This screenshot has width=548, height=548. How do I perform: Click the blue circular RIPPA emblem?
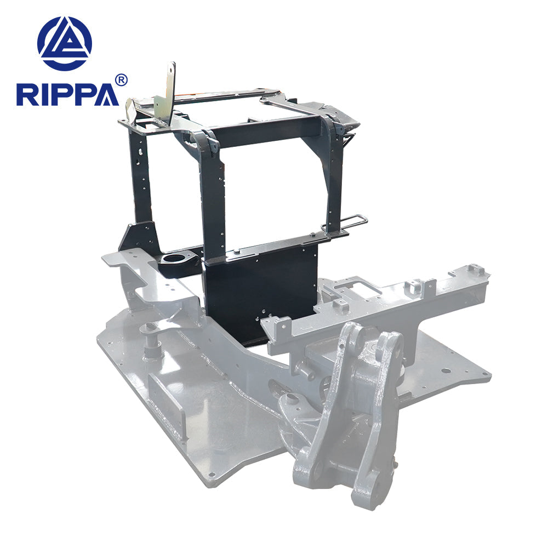[x=65, y=43]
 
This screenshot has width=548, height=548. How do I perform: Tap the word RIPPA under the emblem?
[x=67, y=94]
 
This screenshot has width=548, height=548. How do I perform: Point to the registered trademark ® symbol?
[x=122, y=80]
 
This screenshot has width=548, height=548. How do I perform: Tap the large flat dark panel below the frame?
[x=260, y=296]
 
